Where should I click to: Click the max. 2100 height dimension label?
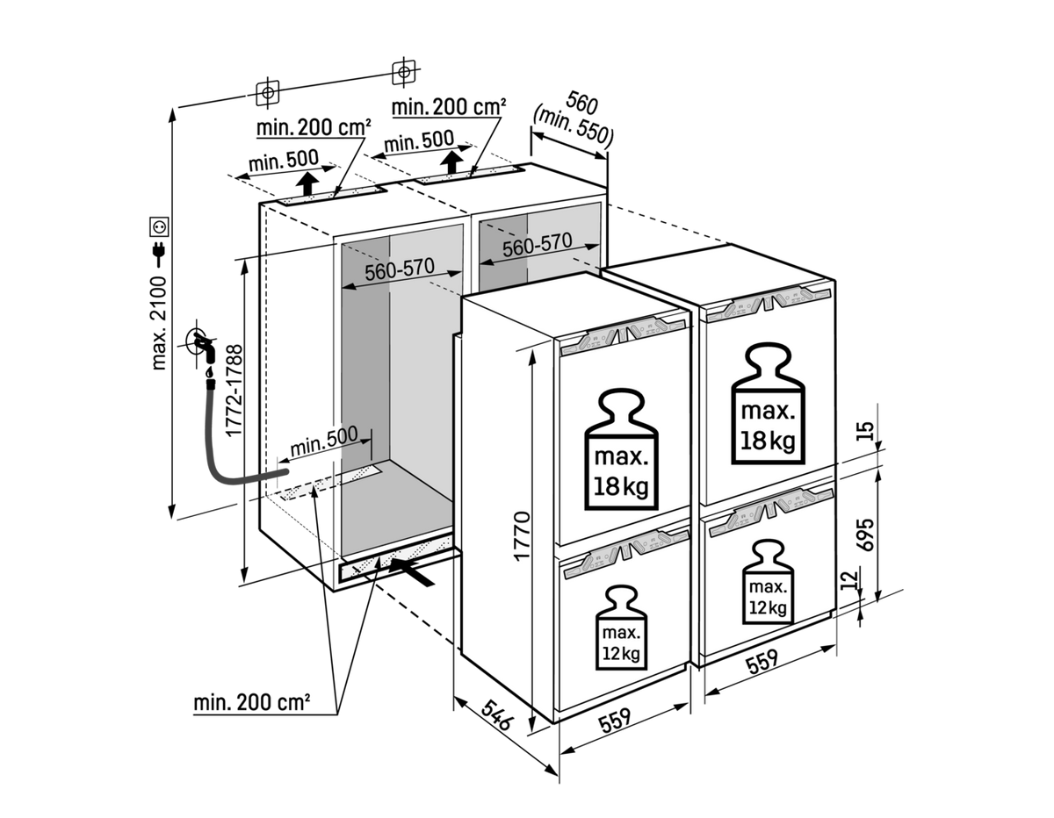coord(159,323)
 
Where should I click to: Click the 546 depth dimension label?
coord(495,716)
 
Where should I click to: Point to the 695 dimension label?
coord(865,535)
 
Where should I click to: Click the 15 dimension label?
coord(865,431)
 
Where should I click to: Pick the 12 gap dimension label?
coord(848,580)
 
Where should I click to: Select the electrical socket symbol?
coord(159,226)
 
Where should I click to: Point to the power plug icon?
coord(159,254)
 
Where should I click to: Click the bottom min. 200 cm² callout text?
coord(252,703)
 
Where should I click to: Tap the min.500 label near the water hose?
coord(323,441)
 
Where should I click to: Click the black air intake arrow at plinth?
coord(411,572)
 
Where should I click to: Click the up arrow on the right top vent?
coord(452,162)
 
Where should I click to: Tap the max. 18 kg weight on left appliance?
coord(621,449)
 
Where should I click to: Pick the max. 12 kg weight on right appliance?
coord(768,582)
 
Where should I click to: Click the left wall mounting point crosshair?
coord(267,91)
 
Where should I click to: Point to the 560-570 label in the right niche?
coord(537,245)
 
